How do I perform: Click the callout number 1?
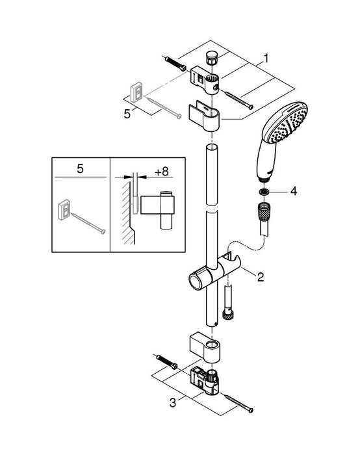(266, 58)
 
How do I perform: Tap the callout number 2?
(261, 278)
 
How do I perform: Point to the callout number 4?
(293, 192)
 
